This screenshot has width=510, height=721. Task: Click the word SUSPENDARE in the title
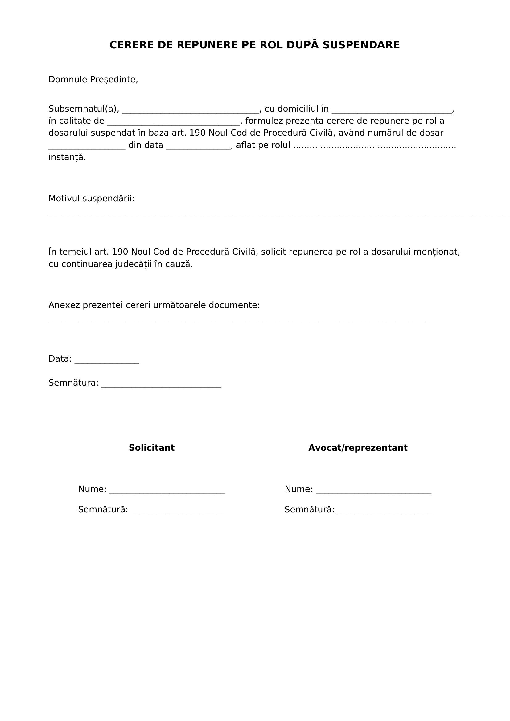[x=361, y=45]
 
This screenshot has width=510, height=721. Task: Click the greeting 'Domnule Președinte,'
[x=93, y=80]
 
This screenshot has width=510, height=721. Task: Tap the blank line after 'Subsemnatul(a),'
[x=191, y=110]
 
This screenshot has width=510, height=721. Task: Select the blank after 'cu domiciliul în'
[x=392, y=110]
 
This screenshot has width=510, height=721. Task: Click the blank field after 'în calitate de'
[x=173, y=122]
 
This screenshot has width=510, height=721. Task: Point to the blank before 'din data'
[x=87, y=147]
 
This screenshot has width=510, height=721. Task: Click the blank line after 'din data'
[x=199, y=147]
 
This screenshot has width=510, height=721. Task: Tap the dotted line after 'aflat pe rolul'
[x=374, y=146]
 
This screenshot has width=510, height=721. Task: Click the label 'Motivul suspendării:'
[x=91, y=199]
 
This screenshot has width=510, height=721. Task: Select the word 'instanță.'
[x=67, y=157]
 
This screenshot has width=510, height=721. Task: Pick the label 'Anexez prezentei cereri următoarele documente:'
[x=154, y=305]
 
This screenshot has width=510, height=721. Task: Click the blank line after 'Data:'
[x=106, y=360]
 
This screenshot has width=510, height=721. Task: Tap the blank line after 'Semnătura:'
[x=161, y=384]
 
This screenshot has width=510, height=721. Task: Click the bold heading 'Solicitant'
[x=151, y=448]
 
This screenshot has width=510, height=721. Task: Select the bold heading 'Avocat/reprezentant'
[x=358, y=448]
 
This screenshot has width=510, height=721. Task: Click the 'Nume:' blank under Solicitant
[x=167, y=490]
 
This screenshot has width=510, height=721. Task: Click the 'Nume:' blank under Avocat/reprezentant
[x=373, y=490]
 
